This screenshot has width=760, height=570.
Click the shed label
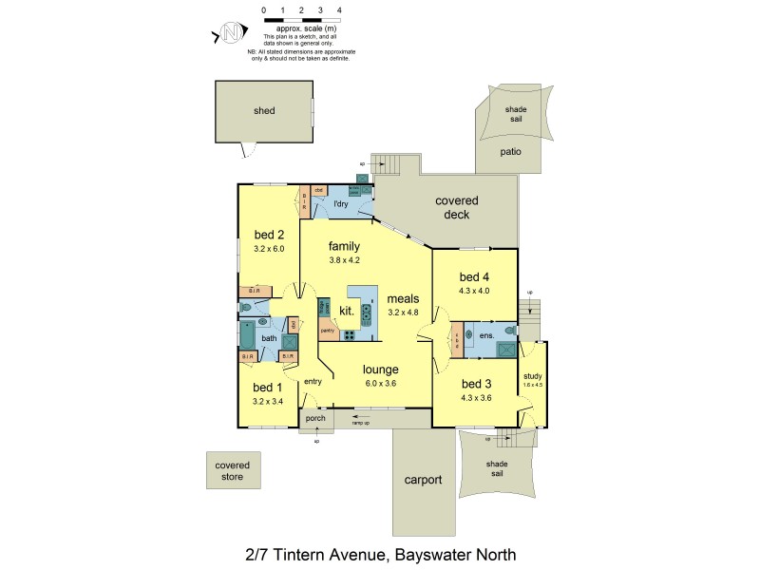(264, 111)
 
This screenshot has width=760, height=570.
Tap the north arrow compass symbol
(231, 32)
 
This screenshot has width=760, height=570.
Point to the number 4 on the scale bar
(339, 9)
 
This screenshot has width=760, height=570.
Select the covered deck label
(457, 207)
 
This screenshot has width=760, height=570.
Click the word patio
(513, 150)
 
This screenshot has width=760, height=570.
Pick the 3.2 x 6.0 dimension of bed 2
(270, 249)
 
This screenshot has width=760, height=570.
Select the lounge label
(379, 370)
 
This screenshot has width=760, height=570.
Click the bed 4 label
(473, 277)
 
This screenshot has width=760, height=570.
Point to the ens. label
(486, 335)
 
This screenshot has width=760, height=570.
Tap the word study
(532, 375)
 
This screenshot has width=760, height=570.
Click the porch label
(314, 417)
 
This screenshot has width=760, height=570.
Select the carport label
(423, 480)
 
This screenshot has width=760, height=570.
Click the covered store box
(232, 470)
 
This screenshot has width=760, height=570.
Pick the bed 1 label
(268, 388)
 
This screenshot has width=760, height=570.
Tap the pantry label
(327, 332)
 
